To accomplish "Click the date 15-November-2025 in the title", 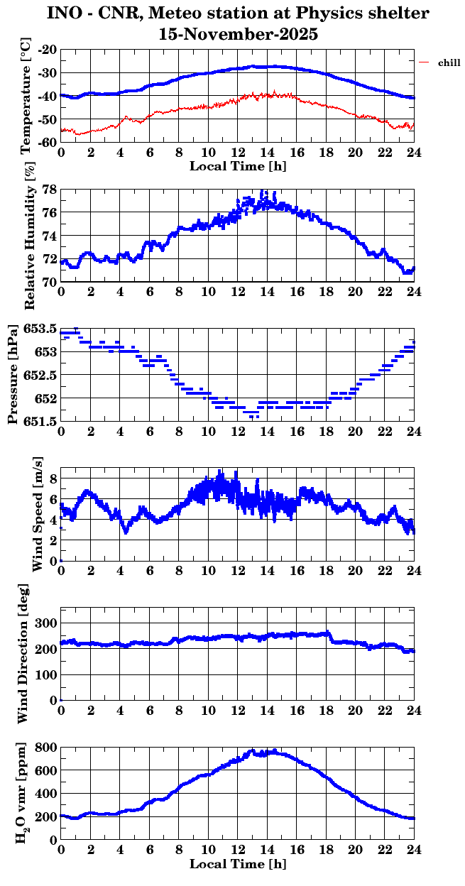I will coord(239,33).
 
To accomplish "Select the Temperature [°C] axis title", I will coord(26,96).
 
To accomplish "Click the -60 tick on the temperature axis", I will coord(48,142).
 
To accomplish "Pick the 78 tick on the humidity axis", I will coord(50,190).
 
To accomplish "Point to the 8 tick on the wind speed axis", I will coord(53,478).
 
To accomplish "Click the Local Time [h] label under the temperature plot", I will coord(238,165).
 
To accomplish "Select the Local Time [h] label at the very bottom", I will coord(238,864).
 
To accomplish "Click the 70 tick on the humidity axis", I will coord(50,282).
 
